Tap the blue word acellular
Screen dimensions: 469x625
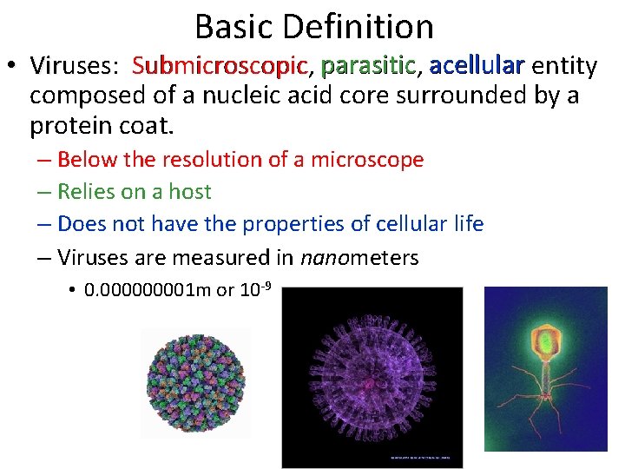point(477,66)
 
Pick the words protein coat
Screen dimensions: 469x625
point(102,127)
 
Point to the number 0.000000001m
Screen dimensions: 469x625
point(148,290)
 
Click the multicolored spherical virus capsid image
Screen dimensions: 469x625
point(195,381)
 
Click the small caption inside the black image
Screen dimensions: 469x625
point(420,455)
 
